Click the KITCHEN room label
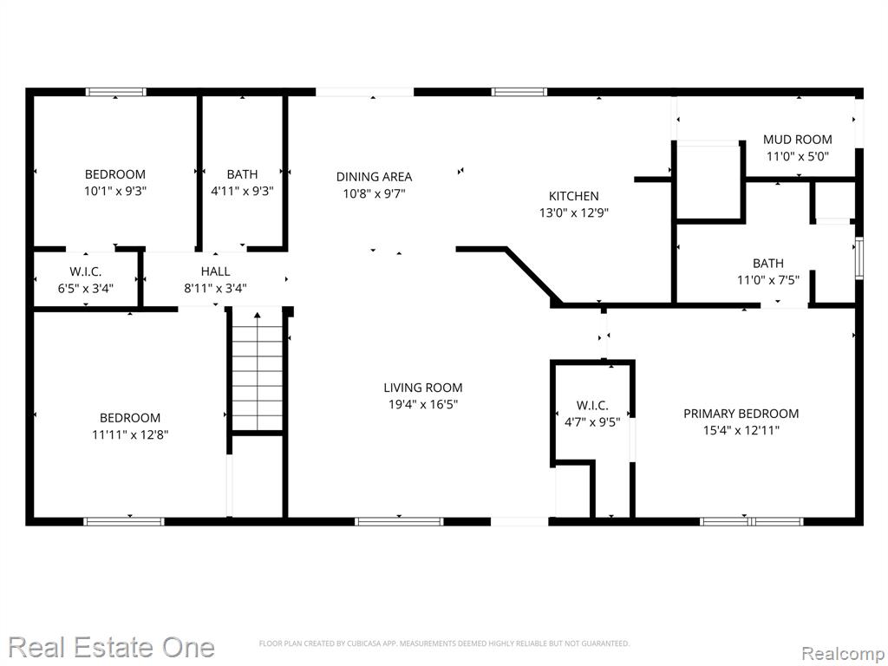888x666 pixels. tap(574, 196)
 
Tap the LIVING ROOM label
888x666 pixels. tap(423, 388)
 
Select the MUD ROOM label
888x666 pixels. tap(798, 140)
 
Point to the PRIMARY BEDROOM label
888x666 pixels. tap(741, 414)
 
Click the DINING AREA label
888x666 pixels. tap(374, 177)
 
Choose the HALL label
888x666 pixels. tap(215, 271)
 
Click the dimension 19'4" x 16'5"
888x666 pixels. tap(423, 404)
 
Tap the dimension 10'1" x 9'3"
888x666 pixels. tap(115, 191)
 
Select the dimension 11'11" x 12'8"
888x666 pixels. tap(130, 434)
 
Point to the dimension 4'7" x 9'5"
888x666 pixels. tap(592, 422)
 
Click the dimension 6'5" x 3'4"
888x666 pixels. tap(86, 288)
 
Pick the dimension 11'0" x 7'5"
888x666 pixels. tap(768, 280)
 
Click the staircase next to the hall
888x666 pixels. tap(257, 371)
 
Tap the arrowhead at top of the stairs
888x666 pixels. tap(257, 315)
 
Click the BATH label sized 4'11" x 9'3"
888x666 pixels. tap(243, 173)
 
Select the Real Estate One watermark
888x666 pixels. tap(112, 647)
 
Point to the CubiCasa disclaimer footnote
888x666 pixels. tap(444, 643)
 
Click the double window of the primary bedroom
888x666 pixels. tap(751, 521)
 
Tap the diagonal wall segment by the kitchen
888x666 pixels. tap(534, 277)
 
